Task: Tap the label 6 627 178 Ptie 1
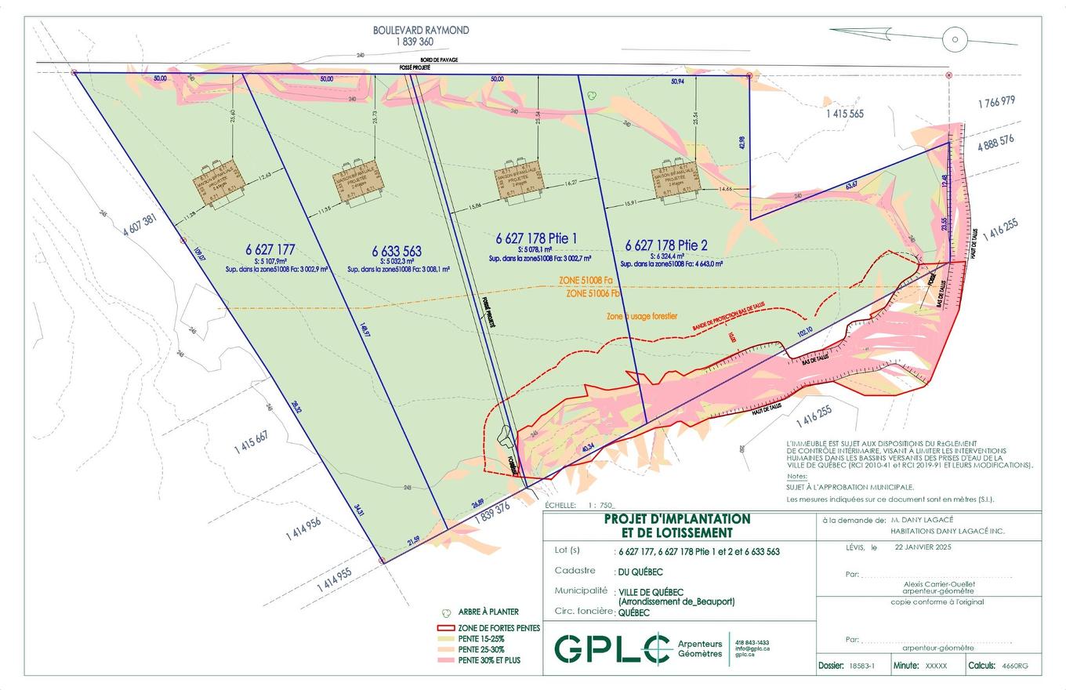click(x=538, y=238)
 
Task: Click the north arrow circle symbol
click(x=955, y=39)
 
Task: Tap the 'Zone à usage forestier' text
click(x=643, y=317)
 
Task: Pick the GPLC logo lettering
click(x=607, y=648)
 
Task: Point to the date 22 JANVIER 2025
click(x=923, y=548)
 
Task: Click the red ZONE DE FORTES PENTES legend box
click(x=445, y=628)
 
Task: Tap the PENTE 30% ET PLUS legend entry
click(x=488, y=660)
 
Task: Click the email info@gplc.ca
click(x=752, y=648)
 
